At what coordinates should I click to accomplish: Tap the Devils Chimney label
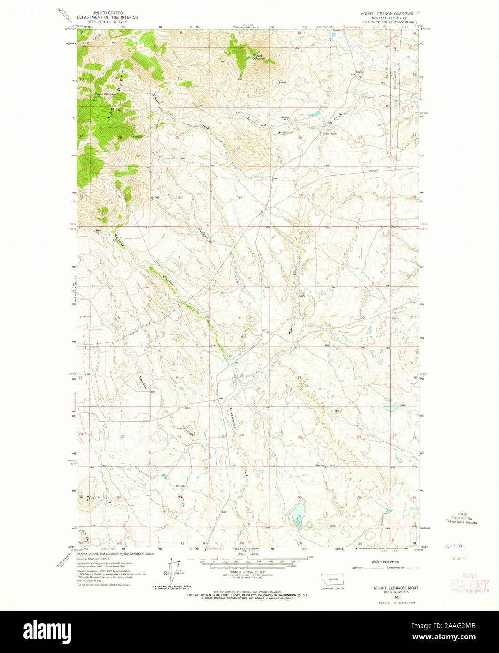105,94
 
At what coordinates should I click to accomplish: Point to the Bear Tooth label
100,232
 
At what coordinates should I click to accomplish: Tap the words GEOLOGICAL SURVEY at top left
108,22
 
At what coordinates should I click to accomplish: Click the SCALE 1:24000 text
248,555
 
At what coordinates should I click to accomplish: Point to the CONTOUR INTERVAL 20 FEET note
248,572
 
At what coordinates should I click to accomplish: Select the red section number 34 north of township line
240,197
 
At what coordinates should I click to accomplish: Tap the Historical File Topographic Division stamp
461,519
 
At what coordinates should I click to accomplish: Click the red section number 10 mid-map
239,318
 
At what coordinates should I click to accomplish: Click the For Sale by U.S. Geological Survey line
248,595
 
